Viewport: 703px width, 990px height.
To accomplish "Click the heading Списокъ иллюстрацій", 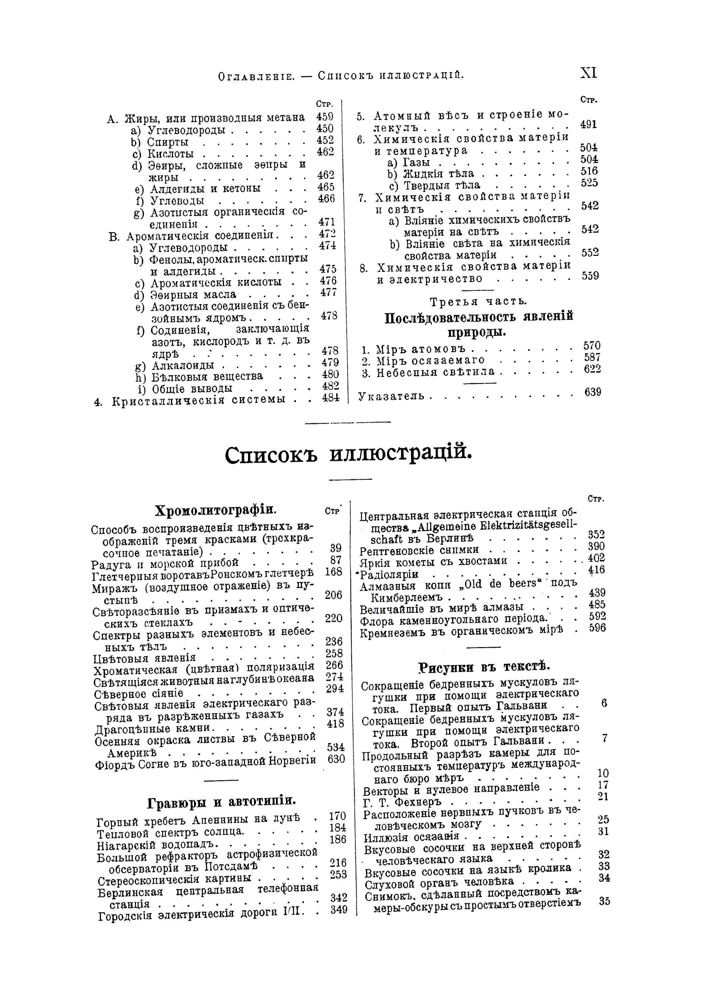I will (x=348, y=454).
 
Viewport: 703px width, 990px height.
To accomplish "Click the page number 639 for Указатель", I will (x=592, y=392).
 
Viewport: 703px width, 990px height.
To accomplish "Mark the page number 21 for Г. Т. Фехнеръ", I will (x=603, y=796).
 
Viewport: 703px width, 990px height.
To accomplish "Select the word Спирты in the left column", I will (x=168, y=142).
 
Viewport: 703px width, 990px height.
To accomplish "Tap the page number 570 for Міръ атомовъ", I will (x=592, y=346).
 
